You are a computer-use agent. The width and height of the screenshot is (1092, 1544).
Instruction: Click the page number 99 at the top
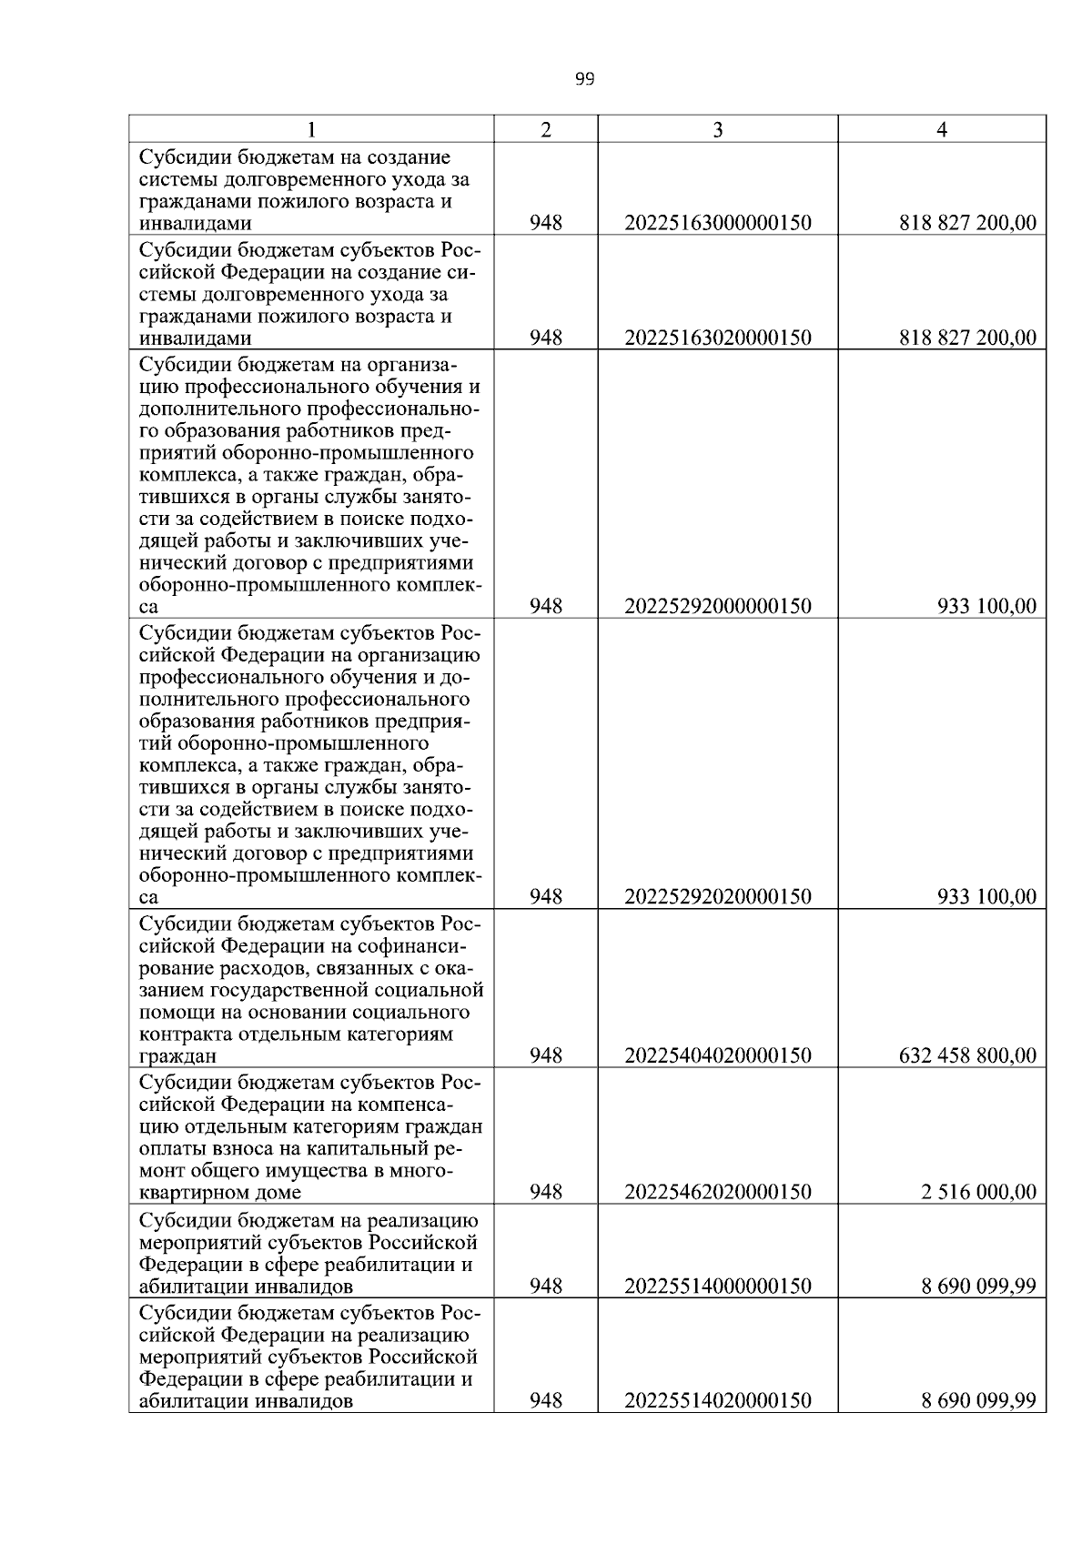584,79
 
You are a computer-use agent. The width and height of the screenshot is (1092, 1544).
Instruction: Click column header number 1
311,130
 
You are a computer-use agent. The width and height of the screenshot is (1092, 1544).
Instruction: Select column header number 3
717,130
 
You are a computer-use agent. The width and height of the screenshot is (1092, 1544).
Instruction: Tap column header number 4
942,130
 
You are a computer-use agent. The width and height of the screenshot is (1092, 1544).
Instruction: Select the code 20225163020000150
717,338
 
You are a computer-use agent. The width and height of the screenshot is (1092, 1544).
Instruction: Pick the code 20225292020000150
717,897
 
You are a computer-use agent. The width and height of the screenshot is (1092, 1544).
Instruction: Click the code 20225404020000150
717,1056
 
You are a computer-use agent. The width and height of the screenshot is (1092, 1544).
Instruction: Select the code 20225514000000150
717,1287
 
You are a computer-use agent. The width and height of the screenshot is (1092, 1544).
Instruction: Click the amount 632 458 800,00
966,1056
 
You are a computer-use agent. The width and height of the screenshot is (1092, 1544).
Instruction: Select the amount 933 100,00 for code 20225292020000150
986,897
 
